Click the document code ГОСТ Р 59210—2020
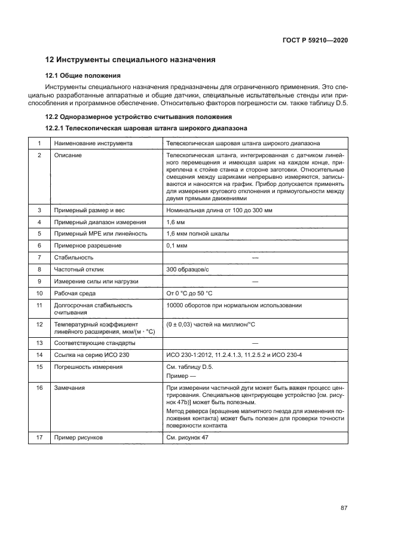(x=316, y=41)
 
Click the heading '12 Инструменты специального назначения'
(x=130, y=60)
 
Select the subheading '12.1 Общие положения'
(x=84, y=76)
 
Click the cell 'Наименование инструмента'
(x=93, y=143)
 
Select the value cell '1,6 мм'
(x=174, y=222)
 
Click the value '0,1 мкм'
(x=177, y=246)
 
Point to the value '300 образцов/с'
(x=186, y=269)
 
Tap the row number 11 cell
(x=39, y=305)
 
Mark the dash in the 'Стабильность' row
(x=255, y=258)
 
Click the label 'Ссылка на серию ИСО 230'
(x=90, y=355)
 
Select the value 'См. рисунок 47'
(x=188, y=438)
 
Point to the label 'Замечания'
(x=69, y=388)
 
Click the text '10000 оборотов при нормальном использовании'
(x=234, y=305)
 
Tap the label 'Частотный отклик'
(x=80, y=269)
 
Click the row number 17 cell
(x=39, y=438)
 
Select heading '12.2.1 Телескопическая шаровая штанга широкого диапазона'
(x=146, y=129)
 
